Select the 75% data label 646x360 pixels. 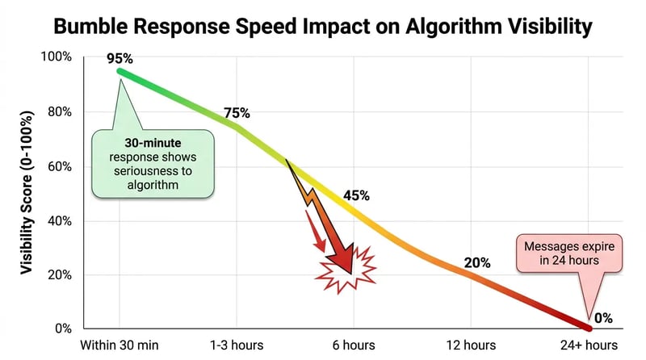point(237,113)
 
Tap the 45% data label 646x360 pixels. point(356,195)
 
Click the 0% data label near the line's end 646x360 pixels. point(603,318)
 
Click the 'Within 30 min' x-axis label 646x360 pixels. point(119,345)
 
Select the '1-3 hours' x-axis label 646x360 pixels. point(237,345)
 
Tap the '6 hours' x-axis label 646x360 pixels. point(355,345)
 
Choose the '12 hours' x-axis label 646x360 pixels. point(473,345)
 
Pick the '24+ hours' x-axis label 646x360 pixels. point(591,345)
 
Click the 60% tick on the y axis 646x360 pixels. point(60,166)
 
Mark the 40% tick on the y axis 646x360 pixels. point(60,220)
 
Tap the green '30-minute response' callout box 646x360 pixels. point(153,161)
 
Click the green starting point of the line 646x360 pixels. point(120,71)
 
